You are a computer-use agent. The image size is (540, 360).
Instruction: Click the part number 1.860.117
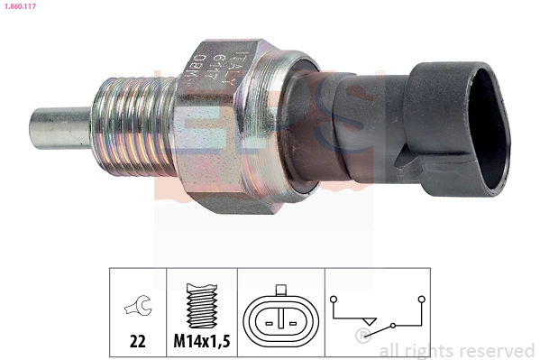20,7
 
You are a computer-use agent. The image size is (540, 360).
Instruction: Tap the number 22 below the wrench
137,342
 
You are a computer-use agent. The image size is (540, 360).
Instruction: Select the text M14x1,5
202,342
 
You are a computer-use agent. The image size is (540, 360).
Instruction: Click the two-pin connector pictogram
280,315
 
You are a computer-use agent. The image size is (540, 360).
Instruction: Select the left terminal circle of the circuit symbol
334,298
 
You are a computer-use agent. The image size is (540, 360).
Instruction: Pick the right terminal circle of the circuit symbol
422,298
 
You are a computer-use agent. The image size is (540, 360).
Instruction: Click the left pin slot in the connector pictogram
269,318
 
